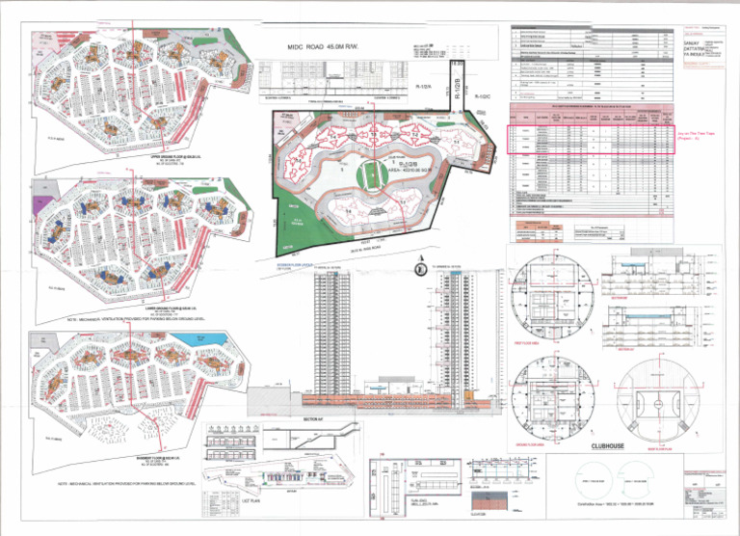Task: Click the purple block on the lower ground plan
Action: click(x=38, y=204)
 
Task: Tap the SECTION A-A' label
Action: click(x=311, y=420)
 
